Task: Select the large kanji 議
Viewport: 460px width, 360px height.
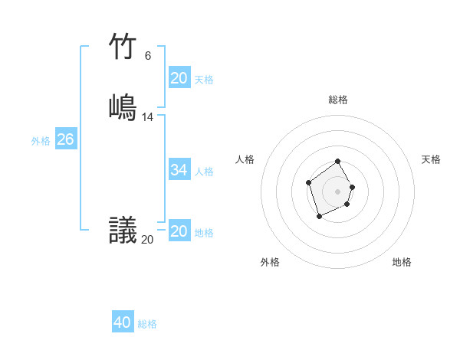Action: click(123, 230)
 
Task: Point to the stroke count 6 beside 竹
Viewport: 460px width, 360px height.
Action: click(147, 55)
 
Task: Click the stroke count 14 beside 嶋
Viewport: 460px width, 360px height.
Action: click(148, 117)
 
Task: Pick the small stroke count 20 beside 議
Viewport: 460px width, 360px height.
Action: click(147, 240)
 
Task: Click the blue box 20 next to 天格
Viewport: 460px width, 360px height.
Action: click(179, 78)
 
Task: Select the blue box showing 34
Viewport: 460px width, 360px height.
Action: click(179, 170)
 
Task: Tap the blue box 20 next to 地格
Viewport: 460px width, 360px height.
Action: click(179, 231)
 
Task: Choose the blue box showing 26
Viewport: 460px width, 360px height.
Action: click(65, 139)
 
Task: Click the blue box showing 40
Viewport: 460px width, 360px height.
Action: click(122, 322)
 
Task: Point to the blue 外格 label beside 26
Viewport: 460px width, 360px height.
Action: click(41, 141)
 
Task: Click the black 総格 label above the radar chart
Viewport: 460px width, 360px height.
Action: click(338, 100)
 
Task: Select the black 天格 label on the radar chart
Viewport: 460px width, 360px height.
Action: click(431, 159)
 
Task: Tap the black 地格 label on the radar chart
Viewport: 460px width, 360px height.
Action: click(402, 262)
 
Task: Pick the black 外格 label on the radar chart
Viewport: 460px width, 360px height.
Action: click(270, 262)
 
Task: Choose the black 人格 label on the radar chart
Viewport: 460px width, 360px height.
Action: click(245, 159)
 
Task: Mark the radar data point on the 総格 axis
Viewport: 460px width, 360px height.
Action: click(338, 162)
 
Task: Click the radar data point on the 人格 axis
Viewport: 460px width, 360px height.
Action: click(308, 182)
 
